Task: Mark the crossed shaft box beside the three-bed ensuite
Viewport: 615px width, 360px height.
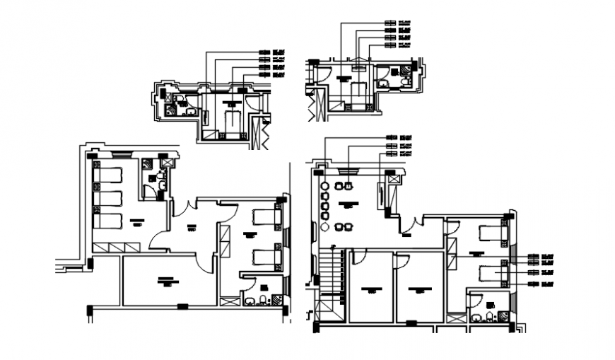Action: [x=167, y=162]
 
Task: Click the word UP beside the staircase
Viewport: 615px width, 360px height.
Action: [x=332, y=246]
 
